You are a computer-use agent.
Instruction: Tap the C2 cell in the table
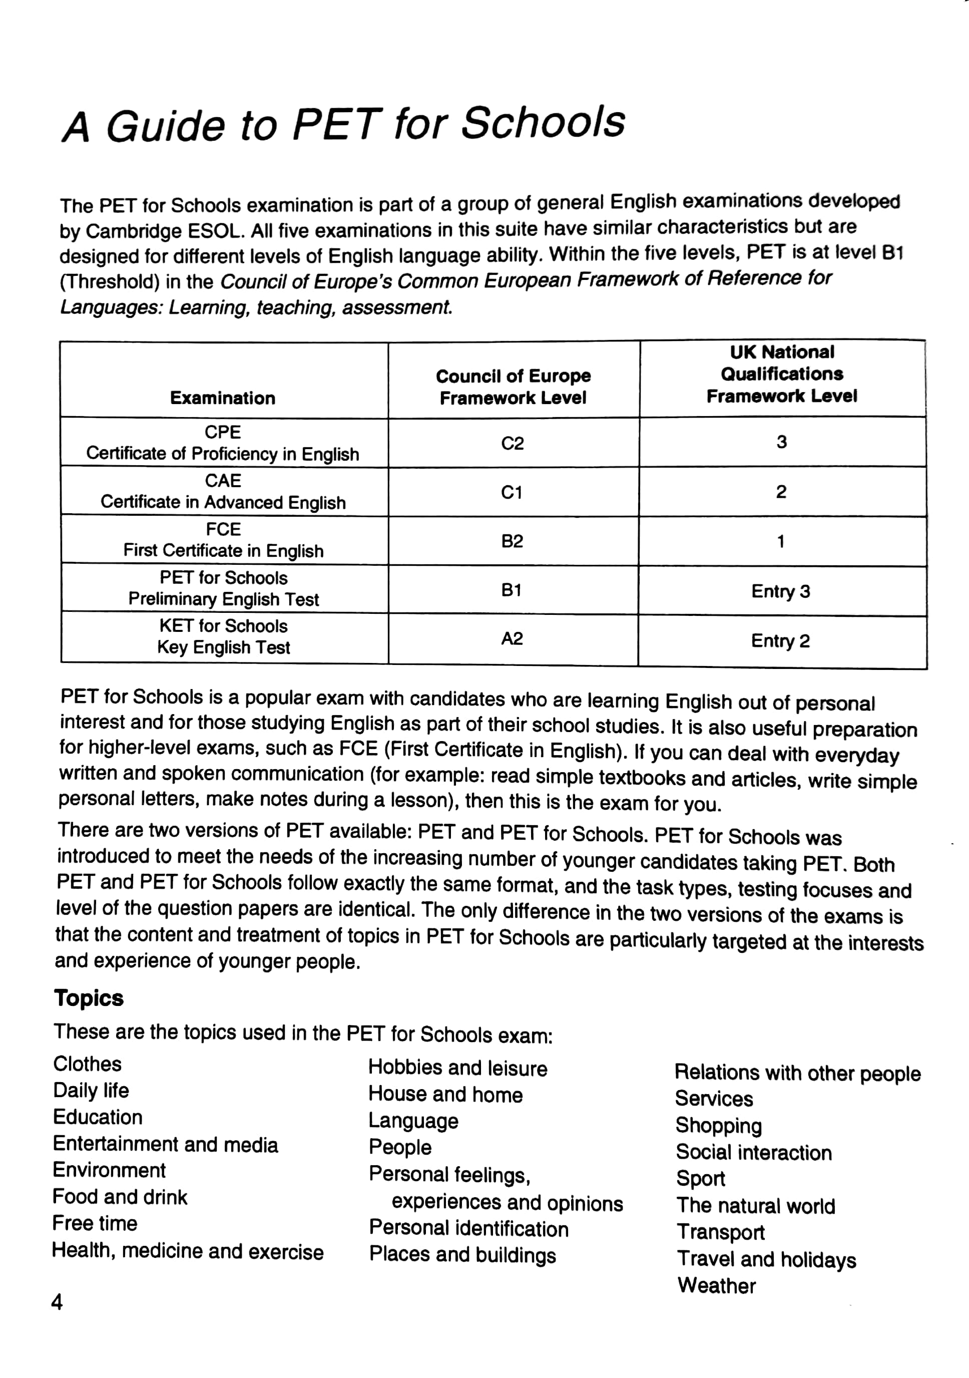tap(513, 443)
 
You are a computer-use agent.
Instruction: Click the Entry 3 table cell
tap(781, 591)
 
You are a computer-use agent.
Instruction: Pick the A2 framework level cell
tap(512, 638)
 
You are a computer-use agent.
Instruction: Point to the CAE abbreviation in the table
tap(223, 481)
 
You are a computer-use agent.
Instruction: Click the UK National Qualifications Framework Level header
tap(782, 374)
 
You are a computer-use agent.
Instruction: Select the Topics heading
tap(89, 997)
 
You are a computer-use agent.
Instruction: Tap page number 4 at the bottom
tap(57, 1302)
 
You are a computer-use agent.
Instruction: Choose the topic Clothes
tap(88, 1064)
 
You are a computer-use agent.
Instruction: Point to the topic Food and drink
tap(120, 1197)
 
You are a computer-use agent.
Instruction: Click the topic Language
tap(413, 1121)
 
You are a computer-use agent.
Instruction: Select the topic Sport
tap(701, 1178)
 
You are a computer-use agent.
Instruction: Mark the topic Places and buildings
tap(462, 1255)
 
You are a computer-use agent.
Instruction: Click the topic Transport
tap(721, 1232)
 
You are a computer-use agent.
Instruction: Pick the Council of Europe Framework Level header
tap(513, 387)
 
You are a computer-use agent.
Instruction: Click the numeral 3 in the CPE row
tap(781, 442)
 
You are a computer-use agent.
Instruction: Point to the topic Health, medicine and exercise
tap(188, 1251)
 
